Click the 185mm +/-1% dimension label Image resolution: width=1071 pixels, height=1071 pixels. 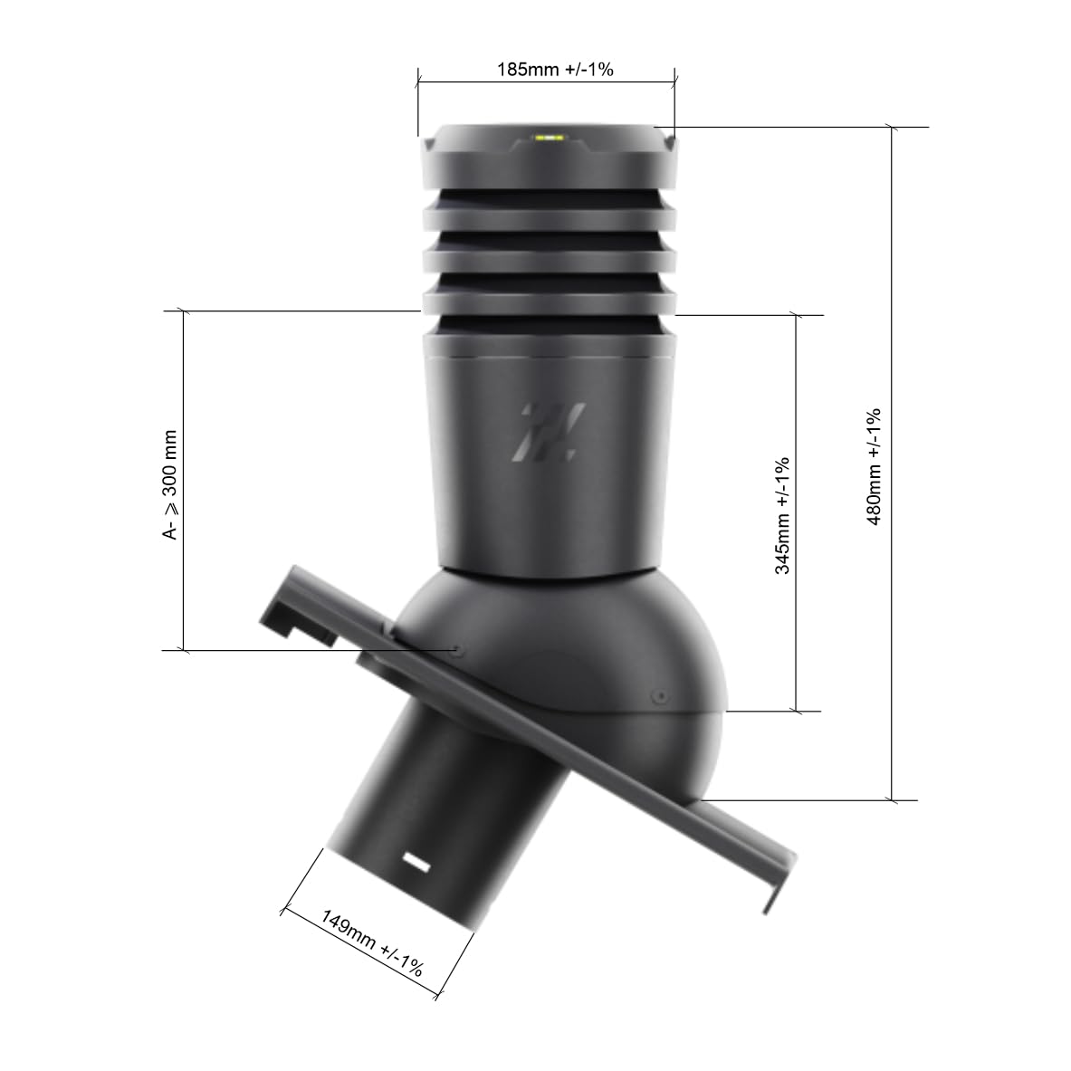coord(555,70)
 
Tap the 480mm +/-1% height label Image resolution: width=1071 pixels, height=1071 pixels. coord(875,467)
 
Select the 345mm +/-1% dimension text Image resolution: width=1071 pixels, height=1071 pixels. coord(782,516)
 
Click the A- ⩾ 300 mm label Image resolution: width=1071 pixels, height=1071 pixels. coord(170,484)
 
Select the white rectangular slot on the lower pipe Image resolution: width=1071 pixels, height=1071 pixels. coord(416,862)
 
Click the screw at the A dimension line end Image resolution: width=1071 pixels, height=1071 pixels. coord(456,648)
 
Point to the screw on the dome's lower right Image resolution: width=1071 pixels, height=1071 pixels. coord(660,696)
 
